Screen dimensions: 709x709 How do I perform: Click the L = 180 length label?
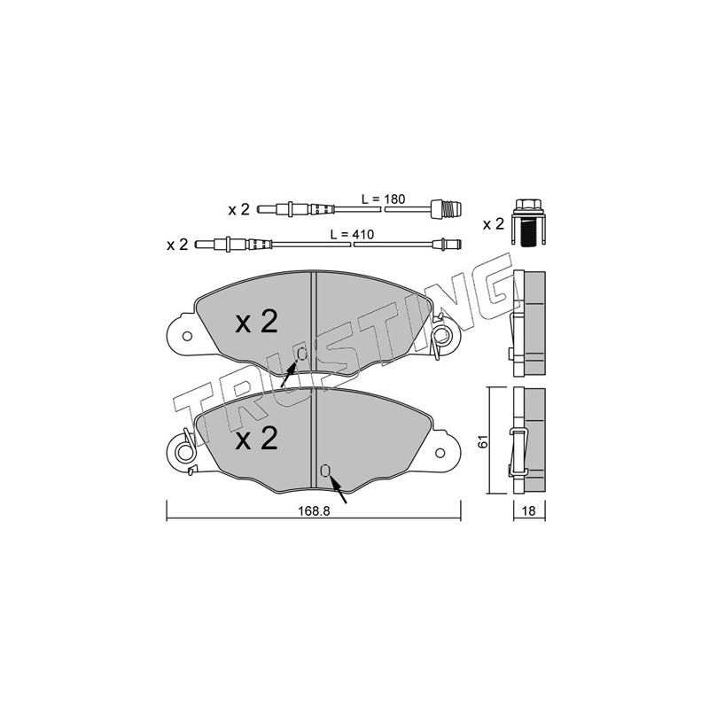tap(383, 199)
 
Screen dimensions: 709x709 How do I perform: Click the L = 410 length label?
tap(352, 234)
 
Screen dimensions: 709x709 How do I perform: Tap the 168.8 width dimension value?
tap(314, 511)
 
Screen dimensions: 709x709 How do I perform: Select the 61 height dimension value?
tap(483, 441)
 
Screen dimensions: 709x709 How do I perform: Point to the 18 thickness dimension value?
tap(528, 511)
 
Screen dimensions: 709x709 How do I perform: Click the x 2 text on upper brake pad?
tap(256, 322)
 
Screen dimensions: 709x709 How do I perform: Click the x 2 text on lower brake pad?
tap(256, 439)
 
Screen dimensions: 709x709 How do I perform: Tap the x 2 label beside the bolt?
tap(494, 224)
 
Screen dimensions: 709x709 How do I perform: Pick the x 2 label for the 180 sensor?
tap(238, 209)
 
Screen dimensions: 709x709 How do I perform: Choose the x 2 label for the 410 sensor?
tap(177, 245)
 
